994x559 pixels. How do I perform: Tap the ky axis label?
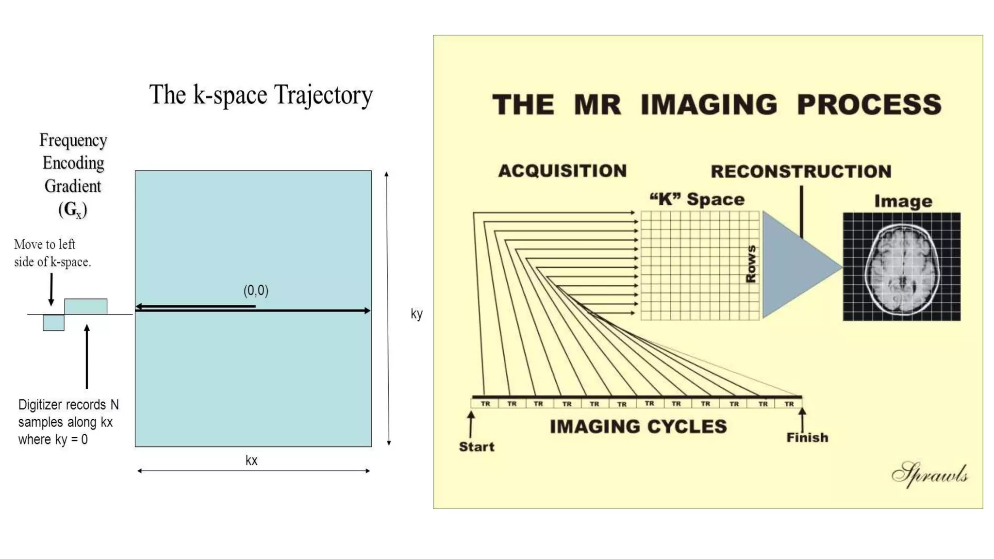(x=416, y=314)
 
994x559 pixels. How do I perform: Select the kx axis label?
(x=251, y=460)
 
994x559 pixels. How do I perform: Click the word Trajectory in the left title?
(x=323, y=95)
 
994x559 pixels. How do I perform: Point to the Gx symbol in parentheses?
(x=73, y=210)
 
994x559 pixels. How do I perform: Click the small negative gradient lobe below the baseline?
(x=53, y=323)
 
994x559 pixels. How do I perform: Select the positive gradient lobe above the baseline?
(x=86, y=307)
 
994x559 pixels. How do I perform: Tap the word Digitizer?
(x=39, y=405)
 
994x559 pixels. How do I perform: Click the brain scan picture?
(x=902, y=267)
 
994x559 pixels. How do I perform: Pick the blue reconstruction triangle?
(x=796, y=265)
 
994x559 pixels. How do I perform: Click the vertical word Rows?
(x=751, y=264)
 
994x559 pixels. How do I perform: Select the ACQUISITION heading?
(x=563, y=171)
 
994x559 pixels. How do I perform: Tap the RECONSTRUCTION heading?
(x=801, y=171)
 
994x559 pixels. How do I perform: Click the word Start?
(x=477, y=447)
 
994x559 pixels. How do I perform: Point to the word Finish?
(x=807, y=438)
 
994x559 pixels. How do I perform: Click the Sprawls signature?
(x=930, y=475)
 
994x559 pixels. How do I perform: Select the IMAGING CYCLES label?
(x=638, y=427)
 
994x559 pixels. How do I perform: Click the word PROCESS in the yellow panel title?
(x=869, y=104)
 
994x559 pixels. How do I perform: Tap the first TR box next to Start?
(x=485, y=404)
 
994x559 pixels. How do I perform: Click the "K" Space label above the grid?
(x=697, y=199)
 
